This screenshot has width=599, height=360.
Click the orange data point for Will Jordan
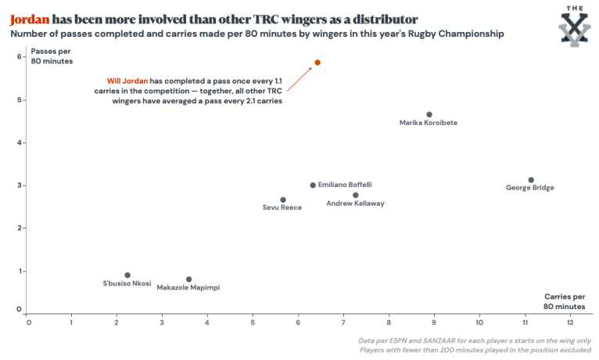[317, 63]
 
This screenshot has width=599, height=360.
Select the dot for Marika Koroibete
[429, 114]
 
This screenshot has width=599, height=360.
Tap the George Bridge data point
[531, 180]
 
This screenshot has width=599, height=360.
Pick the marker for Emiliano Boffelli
[313, 185]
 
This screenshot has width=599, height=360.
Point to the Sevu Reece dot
[283, 200]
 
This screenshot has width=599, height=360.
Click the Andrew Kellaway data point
[356, 195]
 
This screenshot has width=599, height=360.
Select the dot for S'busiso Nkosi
[127, 275]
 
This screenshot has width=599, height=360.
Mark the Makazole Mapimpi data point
[188, 279]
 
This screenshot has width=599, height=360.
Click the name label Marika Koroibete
[428, 123]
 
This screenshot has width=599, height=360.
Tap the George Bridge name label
[530, 188]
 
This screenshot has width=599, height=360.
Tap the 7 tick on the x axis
[344, 322]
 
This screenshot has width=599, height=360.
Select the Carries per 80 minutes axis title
[565, 301]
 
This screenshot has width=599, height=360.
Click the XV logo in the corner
[575, 26]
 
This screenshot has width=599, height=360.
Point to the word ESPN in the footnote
[411, 341]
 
